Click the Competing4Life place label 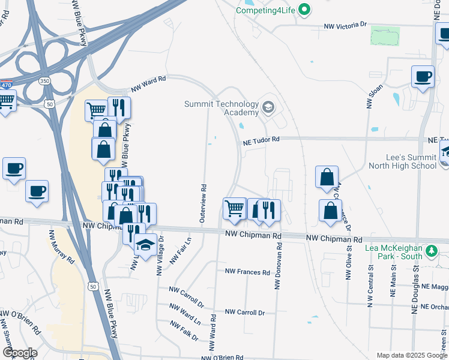(266, 10)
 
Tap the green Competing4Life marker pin (304, 10)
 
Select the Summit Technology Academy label (221, 108)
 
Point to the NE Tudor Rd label (261, 140)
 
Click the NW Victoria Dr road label (345, 26)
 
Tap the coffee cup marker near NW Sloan (423, 77)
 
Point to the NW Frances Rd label (247, 272)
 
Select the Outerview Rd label (202, 204)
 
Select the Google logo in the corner (19, 353)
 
